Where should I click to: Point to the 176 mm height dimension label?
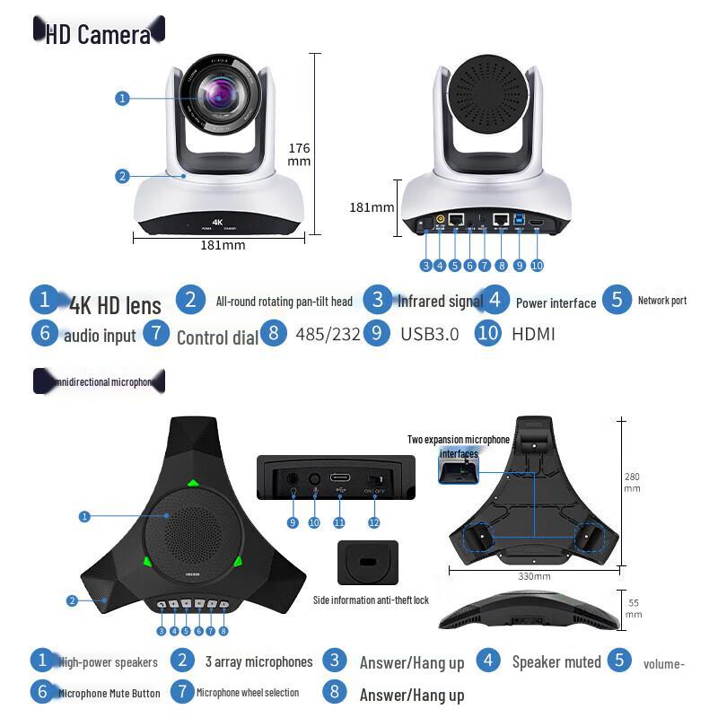coord(299,154)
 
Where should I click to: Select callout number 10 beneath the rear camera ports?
coord(537,265)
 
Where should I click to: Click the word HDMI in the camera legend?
coord(533,334)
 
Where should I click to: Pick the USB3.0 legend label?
coord(429,334)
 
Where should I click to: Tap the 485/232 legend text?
coord(328,334)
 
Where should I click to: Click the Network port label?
coord(662,301)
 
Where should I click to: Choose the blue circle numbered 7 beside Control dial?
coord(156,333)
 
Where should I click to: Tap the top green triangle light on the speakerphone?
coord(192,486)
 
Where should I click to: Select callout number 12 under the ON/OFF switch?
coord(373,522)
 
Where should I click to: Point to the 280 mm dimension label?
coord(632,482)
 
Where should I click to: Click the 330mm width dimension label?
coord(534,576)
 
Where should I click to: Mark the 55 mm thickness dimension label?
coord(634,609)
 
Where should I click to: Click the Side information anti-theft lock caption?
coord(371,600)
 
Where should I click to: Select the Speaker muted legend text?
coord(556,662)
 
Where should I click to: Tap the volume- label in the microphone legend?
coord(664,664)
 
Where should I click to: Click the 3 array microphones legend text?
coord(258,662)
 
